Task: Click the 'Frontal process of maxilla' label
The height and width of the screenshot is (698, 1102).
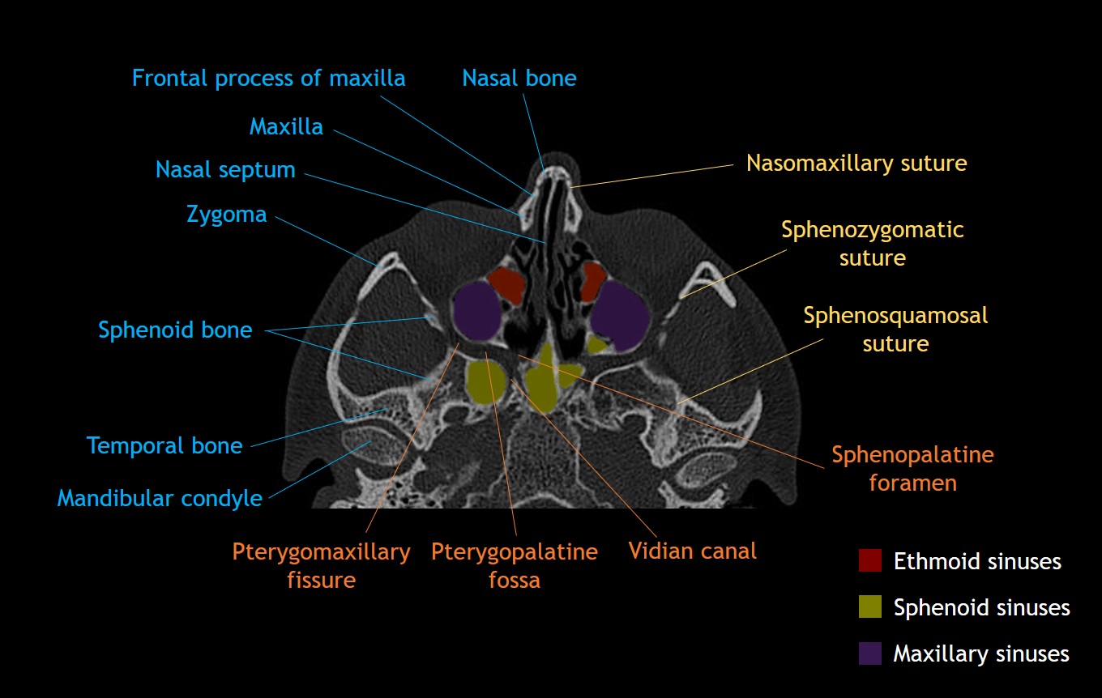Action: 268,79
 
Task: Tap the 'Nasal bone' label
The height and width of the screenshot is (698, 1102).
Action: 519,79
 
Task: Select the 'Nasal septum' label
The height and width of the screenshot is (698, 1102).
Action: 225,170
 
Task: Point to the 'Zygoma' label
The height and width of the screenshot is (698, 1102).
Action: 226,215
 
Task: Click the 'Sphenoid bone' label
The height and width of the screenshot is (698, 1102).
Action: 175,330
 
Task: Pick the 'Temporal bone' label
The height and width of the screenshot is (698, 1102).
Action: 164,445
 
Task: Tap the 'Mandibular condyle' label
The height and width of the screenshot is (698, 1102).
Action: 160,498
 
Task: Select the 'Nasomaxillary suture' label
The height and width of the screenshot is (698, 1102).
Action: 856,164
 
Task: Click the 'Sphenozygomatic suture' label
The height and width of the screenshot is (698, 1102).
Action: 872,244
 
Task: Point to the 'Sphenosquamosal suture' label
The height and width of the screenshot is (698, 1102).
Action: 895,329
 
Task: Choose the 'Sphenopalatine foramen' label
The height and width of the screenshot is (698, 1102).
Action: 912,469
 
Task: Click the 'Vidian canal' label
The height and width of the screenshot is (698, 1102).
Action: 692,551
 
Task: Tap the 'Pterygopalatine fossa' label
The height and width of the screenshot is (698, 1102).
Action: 514,566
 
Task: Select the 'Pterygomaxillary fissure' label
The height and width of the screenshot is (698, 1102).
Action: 322,566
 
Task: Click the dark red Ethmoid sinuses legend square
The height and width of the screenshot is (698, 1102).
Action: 869,560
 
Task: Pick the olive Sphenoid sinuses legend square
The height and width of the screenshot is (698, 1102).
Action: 869,606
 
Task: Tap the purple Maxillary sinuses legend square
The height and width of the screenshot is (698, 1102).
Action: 869,653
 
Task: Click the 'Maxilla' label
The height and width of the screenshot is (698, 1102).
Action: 286,127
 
